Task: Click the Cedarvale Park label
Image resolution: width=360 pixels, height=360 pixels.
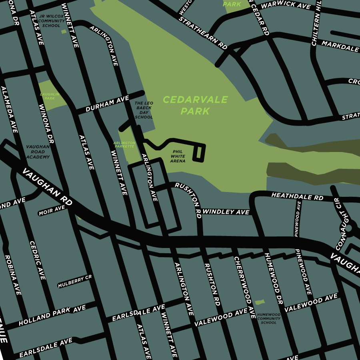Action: [195, 105]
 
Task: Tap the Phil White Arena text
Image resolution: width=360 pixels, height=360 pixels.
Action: [178, 156]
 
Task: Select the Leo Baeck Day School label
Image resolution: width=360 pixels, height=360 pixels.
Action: [144, 110]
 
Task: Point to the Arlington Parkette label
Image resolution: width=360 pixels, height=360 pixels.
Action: [124, 144]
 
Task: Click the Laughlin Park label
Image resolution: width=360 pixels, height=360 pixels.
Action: [50, 96]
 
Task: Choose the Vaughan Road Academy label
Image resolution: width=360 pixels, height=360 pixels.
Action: [38, 152]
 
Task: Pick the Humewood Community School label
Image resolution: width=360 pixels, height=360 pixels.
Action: [268, 318]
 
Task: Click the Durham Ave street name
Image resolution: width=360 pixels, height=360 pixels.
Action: [107, 104]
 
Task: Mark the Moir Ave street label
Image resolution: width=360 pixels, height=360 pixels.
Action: [52, 210]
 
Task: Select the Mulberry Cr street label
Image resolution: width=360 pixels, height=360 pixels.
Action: [75, 282]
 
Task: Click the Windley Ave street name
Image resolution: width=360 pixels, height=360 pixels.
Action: [226, 212]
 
